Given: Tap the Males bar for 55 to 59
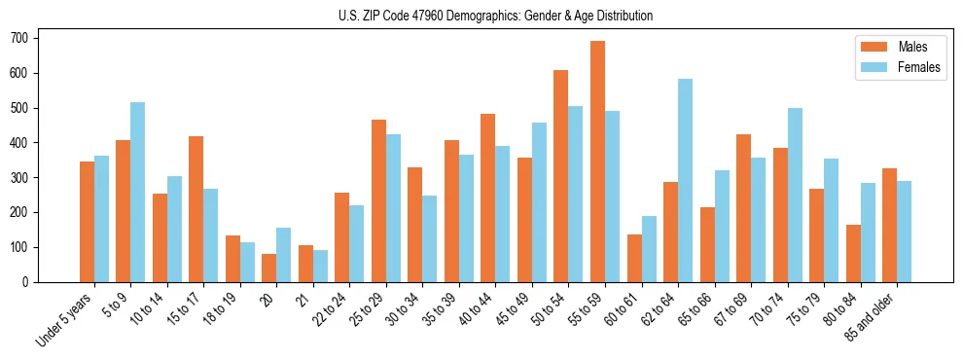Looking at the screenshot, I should click(597, 162).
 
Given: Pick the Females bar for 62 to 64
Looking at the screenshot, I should click(685, 181).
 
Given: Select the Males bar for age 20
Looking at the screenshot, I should click(268, 268).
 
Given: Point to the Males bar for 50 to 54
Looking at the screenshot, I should click(560, 176).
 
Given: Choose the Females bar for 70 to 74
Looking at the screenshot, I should click(795, 195).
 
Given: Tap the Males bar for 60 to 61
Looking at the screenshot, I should click(634, 258).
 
